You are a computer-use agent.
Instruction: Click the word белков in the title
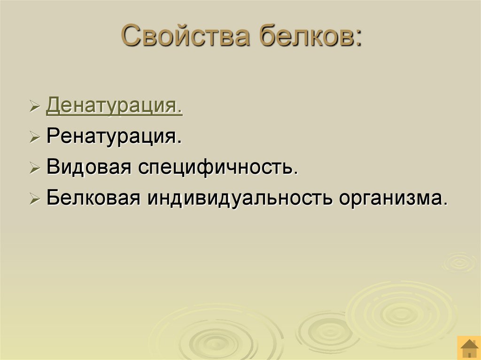coord(306,37)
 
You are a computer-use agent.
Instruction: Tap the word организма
coord(391,198)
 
